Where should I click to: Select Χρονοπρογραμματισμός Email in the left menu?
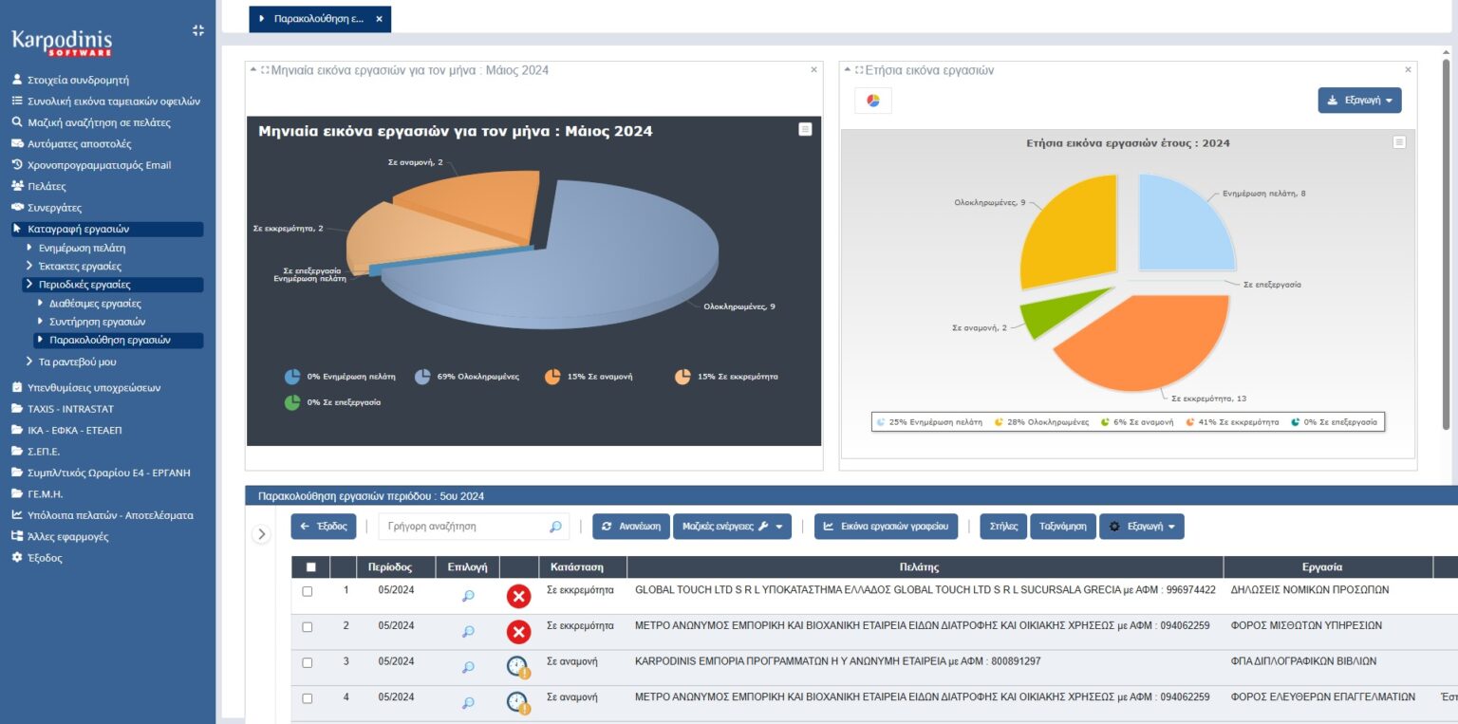coord(91,165)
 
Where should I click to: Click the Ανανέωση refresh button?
coord(630,527)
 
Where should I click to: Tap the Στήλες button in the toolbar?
coord(1003,527)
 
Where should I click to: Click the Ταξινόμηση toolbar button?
coord(1062,527)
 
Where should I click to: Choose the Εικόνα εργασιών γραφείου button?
coord(886,527)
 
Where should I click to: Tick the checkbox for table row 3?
coord(308,663)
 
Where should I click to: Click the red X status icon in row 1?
coord(519,596)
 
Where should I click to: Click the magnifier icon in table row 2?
coord(468,632)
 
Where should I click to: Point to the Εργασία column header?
coord(1322,567)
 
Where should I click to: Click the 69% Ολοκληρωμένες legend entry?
coord(467,377)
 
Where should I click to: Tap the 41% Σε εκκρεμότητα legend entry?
coord(1232,422)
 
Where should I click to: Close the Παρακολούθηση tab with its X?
coord(380,19)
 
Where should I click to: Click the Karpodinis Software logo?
coord(62,43)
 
